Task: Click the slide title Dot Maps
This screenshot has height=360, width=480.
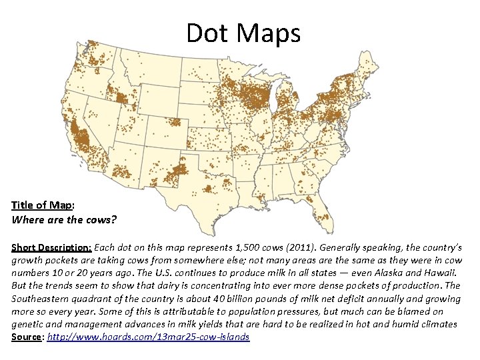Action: tap(243, 33)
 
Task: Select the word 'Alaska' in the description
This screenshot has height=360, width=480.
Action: tap(375, 273)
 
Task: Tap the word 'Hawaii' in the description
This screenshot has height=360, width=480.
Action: tap(441, 273)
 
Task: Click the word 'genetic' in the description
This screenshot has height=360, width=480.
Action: tap(29, 324)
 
